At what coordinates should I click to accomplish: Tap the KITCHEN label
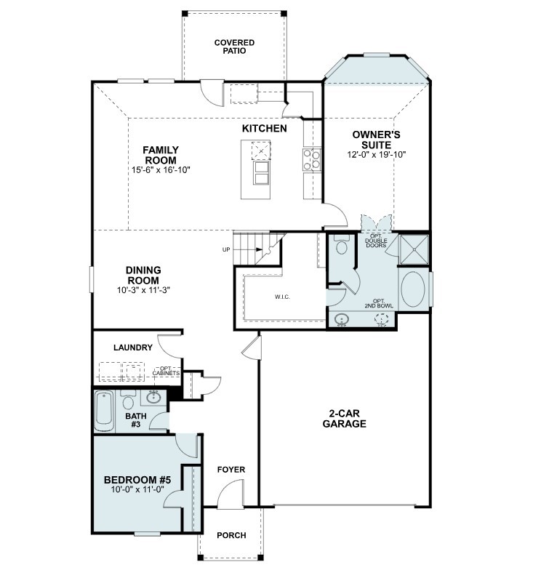coord(264,129)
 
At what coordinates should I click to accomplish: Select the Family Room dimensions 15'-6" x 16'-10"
coord(161,170)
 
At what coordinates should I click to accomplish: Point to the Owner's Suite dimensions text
coord(377,154)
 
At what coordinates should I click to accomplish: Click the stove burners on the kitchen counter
coord(312,159)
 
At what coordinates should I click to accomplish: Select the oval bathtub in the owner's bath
coord(414,291)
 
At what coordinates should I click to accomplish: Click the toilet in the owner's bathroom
coord(342,246)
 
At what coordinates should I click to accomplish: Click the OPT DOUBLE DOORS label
coord(376,241)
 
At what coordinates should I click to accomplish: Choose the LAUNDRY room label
coord(132,348)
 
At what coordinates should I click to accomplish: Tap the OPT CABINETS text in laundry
coord(166,371)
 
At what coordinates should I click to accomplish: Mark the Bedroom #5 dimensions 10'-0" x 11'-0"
coord(137,491)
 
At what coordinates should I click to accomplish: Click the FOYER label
coord(231,470)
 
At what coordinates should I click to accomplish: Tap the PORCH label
coord(231,536)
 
